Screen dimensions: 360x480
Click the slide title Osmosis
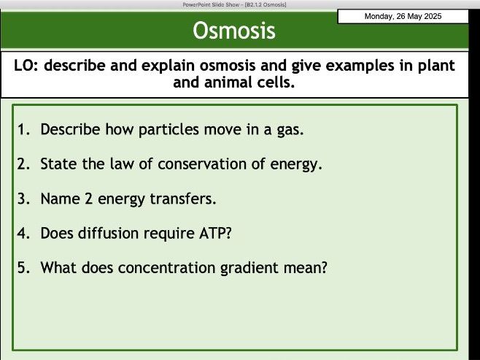coord(234,31)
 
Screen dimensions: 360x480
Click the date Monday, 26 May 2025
coord(403,17)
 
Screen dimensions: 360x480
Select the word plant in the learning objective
coord(435,66)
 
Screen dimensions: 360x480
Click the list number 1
coord(22,130)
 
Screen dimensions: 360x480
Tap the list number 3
coord(23,199)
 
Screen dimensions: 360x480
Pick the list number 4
coord(23,234)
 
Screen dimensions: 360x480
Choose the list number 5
coord(23,268)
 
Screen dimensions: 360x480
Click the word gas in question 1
coord(288,130)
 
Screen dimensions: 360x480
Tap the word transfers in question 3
coord(185,199)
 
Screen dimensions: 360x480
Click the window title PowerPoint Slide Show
coord(212,4)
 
